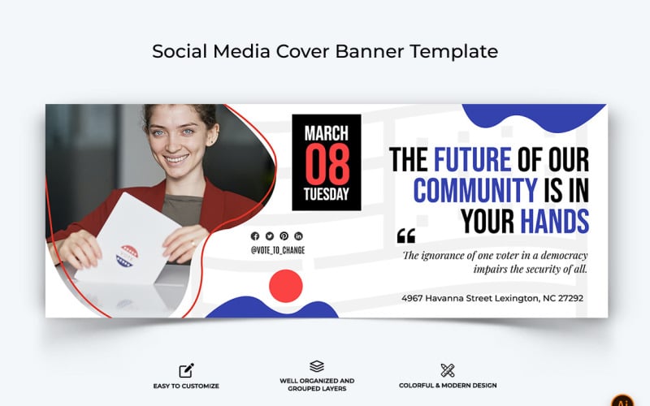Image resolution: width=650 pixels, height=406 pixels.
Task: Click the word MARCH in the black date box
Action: point(327,132)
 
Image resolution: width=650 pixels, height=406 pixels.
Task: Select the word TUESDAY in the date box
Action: point(327,194)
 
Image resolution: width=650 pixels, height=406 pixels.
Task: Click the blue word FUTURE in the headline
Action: point(472,159)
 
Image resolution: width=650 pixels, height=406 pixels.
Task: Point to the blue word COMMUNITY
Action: point(475,190)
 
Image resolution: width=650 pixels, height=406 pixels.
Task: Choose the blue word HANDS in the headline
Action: point(555,220)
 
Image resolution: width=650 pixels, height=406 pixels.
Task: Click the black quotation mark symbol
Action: point(405,236)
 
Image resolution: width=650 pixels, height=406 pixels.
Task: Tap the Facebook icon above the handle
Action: point(255,235)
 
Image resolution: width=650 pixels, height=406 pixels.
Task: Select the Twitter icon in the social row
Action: point(270,235)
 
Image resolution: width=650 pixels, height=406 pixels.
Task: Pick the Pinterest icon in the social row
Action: point(284,235)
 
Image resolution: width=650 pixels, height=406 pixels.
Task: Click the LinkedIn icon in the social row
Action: point(298,235)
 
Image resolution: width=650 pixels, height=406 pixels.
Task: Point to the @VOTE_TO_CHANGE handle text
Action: point(278,250)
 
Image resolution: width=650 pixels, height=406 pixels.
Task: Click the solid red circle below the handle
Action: point(285,287)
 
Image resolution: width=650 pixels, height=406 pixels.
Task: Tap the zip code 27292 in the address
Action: point(568,298)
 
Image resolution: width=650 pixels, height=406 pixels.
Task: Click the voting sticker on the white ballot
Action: point(128,256)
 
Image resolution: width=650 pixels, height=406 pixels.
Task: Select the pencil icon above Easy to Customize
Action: point(186,370)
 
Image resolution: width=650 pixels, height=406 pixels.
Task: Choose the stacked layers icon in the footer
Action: point(317,367)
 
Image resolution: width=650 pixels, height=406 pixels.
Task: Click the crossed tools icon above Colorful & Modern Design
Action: point(448,370)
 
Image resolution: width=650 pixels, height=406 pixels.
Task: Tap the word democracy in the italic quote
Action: point(561,255)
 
